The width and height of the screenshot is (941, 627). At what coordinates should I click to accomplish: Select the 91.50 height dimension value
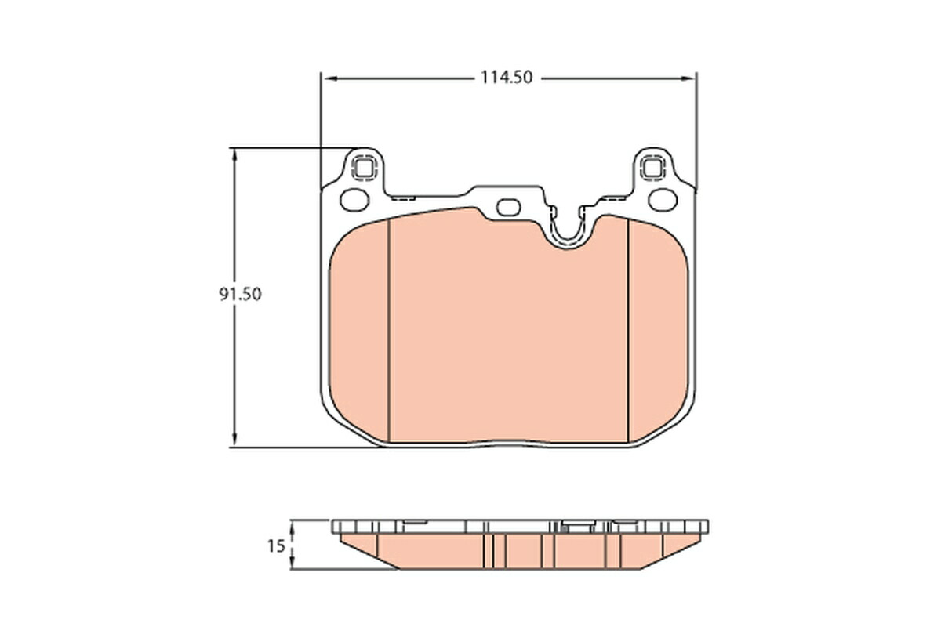(240, 295)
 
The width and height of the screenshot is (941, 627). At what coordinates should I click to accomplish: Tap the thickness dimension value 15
(275, 546)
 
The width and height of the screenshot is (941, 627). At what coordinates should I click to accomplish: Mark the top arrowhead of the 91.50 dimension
(234, 154)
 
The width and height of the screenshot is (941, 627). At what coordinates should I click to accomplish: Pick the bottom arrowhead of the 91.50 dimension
(234, 440)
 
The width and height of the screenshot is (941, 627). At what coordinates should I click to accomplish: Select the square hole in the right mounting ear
(652, 167)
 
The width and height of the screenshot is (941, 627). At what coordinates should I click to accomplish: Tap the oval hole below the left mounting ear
(354, 199)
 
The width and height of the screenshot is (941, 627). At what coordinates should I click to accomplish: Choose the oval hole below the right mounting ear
(663, 199)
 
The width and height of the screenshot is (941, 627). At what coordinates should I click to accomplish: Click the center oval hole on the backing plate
(509, 207)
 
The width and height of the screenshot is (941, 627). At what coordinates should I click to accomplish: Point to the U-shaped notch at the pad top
(567, 231)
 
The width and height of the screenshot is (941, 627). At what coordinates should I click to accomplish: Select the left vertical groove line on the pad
(390, 329)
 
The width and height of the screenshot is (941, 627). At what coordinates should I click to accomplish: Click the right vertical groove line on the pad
(629, 329)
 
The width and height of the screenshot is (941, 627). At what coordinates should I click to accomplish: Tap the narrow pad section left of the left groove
(359, 329)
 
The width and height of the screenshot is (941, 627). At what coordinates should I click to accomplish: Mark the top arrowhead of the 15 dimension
(292, 526)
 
